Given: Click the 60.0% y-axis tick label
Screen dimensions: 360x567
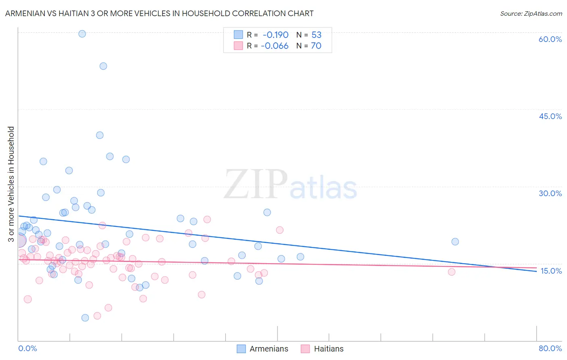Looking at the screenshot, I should (550, 39).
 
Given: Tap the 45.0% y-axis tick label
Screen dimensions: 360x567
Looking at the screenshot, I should (550, 116).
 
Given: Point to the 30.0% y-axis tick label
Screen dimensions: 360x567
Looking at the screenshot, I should (550, 193).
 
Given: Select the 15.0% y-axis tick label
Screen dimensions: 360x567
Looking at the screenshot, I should (551, 271).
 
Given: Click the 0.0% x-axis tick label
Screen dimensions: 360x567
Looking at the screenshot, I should (27, 348).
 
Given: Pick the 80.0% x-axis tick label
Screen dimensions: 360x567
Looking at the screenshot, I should (550, 348).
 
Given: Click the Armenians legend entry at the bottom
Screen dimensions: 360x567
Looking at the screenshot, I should (269, 349).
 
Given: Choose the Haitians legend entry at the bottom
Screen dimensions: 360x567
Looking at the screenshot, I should (329, 349).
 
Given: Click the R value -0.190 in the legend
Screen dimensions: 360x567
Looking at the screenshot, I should (275, 35).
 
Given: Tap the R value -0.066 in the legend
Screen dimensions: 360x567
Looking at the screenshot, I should (275, 46).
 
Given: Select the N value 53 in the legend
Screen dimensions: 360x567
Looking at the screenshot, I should (317, 35).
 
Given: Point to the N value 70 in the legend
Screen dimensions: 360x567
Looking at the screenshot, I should (316, 46).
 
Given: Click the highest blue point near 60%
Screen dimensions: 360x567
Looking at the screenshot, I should (82, 34).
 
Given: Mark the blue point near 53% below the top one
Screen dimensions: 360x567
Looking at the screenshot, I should (103, 66).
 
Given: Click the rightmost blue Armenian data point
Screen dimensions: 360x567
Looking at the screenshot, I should (455, 242).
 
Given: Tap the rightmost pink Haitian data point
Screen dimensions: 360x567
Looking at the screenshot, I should (452, 272).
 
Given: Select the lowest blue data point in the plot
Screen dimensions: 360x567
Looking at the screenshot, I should (85, 318).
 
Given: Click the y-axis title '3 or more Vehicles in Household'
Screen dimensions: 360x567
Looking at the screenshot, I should (11, 184).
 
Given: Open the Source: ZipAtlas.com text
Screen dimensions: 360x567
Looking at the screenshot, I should (531, 14).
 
